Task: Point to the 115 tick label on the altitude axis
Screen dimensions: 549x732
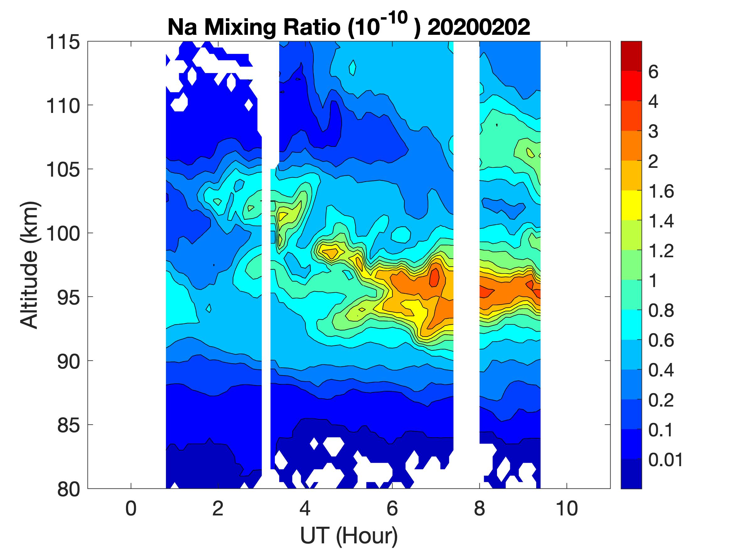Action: [63, 42]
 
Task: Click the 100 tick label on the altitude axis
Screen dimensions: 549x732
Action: [63, 234]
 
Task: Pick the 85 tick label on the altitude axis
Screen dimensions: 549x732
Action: [68, 425]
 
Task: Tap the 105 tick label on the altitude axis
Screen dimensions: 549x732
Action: [63, 170]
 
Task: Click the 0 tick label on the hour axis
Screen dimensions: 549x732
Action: [131, 509]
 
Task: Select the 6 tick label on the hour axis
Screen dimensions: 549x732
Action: [392, 509]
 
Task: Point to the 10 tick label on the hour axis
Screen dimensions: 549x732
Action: [567, 509]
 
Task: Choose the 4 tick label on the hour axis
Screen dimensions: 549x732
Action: [305, 509]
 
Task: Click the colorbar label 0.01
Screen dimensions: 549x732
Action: [665, 460]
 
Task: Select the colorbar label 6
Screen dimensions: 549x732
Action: [653, 72]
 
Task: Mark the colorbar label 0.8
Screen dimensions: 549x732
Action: [661, 311]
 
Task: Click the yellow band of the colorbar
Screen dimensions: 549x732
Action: [631, 205]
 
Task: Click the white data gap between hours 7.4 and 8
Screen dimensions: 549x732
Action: [466, 265]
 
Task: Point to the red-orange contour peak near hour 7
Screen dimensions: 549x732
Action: [434, 277]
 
